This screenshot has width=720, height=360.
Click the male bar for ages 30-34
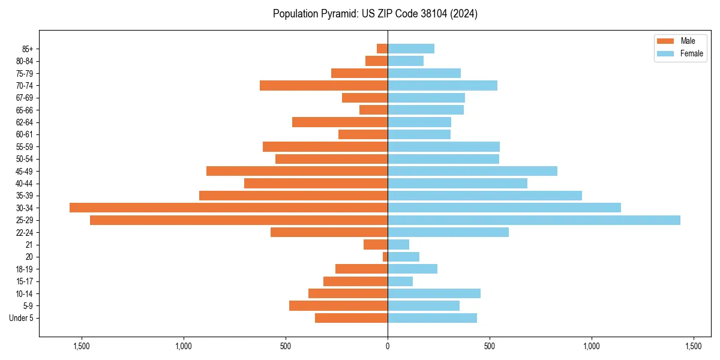point(228,208)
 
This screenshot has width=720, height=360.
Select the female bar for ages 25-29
point(534,220)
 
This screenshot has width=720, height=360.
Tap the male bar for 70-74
point(324,85)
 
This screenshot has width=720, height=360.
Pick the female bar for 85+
point(411,49)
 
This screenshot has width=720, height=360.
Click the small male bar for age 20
point(385,257)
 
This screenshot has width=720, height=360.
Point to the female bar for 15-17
point(400,281)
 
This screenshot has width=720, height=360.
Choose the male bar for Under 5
point(351,318)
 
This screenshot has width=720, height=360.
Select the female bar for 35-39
point(485,196)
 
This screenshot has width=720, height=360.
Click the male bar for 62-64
point(340,122)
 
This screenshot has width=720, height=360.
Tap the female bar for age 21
point(398,245)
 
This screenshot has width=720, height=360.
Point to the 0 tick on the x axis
point(388,346)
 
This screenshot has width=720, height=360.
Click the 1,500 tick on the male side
point(82,346)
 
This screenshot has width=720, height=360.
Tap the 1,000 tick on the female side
point(592,346)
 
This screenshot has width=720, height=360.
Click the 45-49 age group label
point(24,171)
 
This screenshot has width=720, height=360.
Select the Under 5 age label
point(21,318)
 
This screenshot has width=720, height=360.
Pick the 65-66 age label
point(24,110)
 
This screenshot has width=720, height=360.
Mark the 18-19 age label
point(24,269)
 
